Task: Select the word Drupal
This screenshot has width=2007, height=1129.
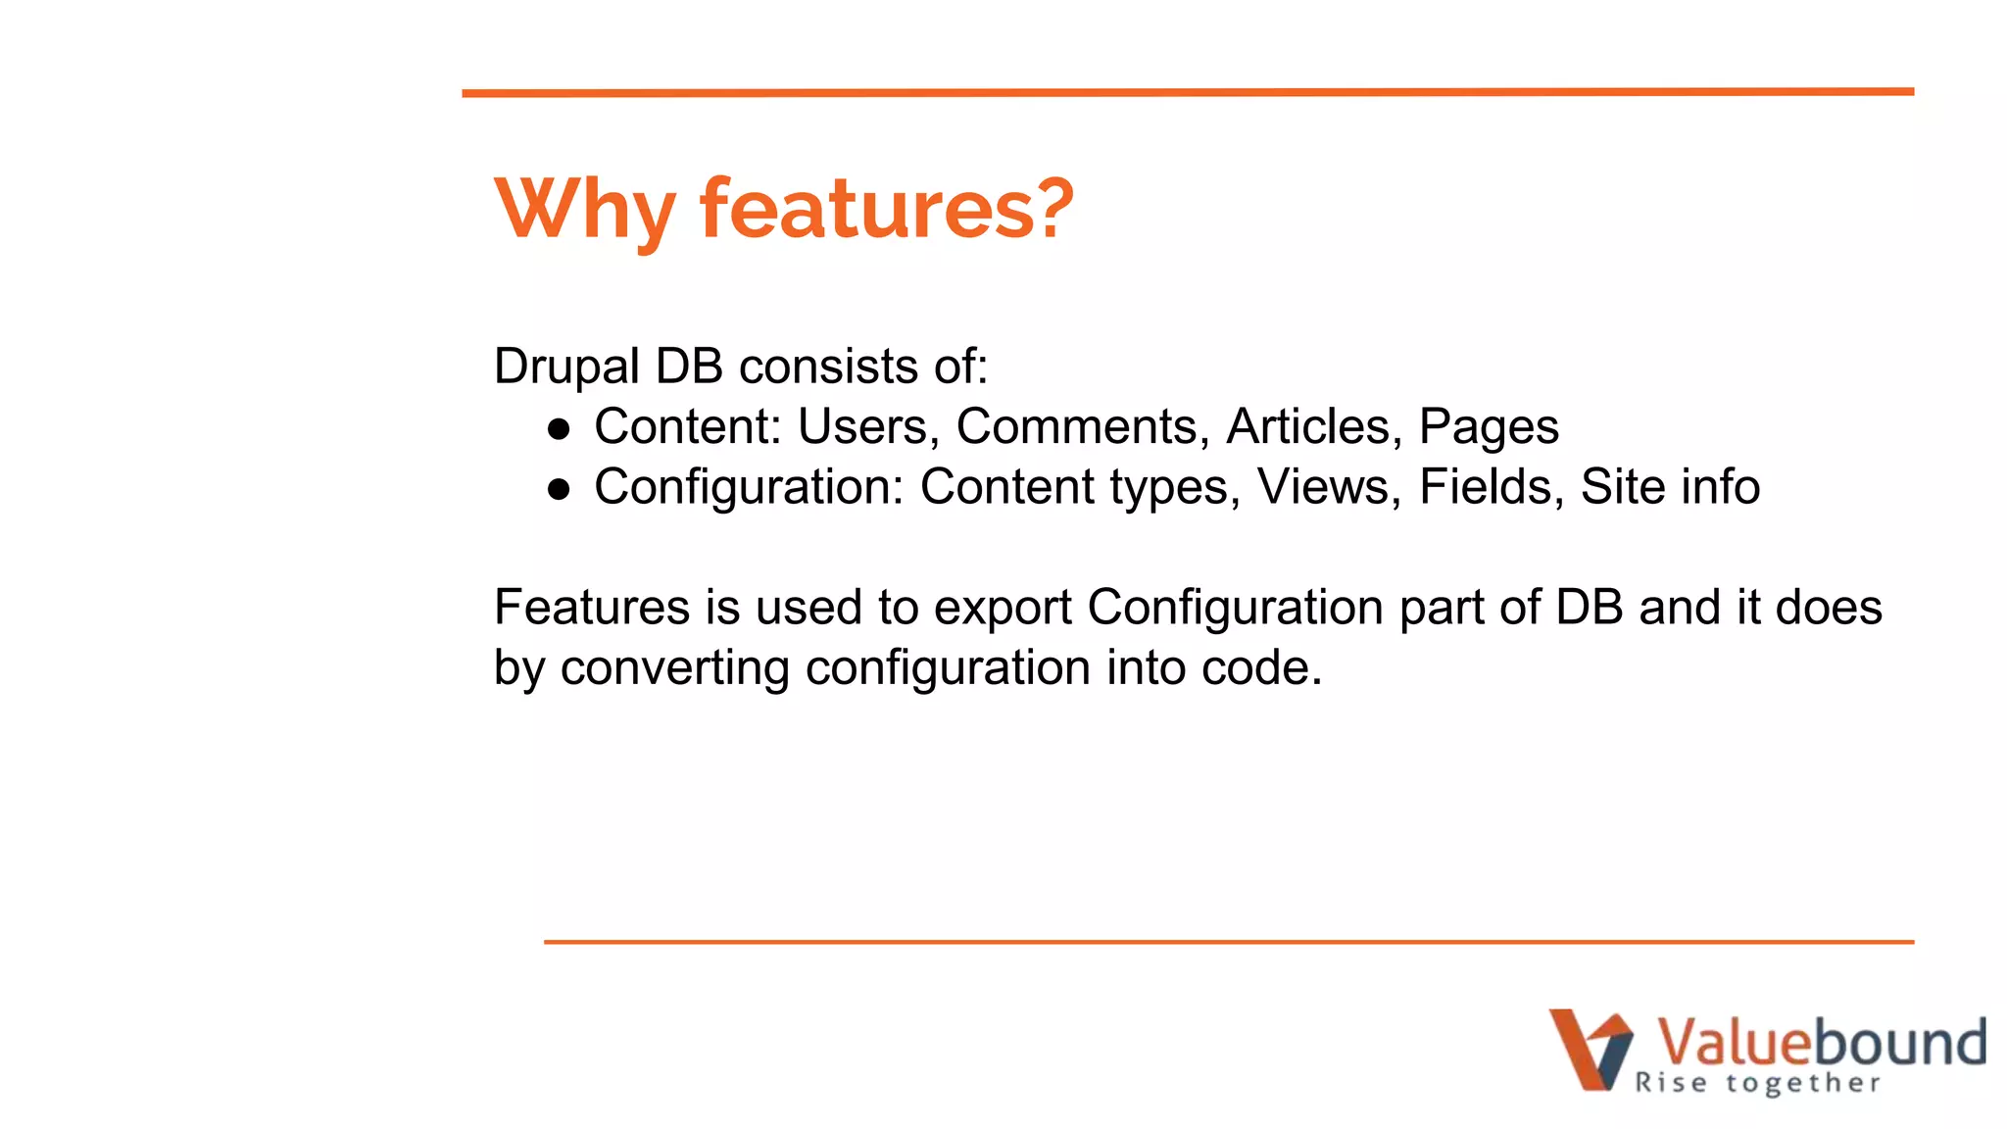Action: [x=566, y=368]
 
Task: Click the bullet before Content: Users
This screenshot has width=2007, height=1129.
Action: [x=559, y=429]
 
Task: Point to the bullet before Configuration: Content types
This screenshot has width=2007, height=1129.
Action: [x=559, y=489]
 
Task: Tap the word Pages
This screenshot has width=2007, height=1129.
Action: [x=1488, y=427]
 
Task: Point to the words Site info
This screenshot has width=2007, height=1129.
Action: [x=1670, y=487]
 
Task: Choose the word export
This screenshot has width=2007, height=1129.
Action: [x=1003, y=608]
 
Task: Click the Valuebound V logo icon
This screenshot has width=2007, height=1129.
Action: [x=1591, y=1049]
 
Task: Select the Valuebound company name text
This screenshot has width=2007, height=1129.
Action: [x=1820, y=1042]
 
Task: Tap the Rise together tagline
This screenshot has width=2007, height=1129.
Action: [x=1757, y=1083]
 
